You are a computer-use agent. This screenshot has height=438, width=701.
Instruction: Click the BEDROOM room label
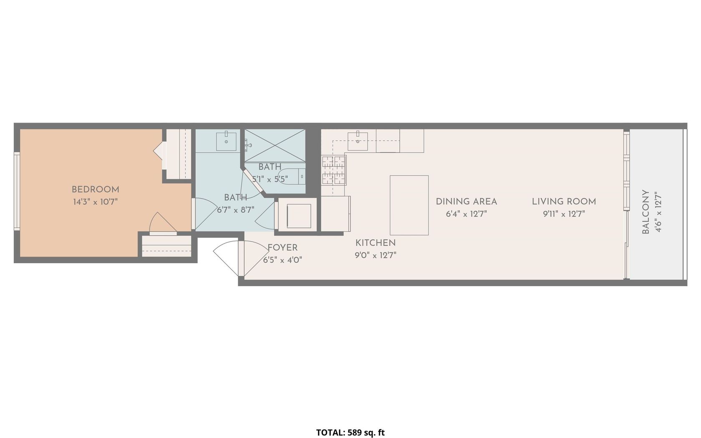[96, 189]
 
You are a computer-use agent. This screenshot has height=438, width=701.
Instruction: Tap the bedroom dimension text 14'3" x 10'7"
[96, 202]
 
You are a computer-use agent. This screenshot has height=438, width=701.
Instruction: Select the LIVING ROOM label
[564, 201]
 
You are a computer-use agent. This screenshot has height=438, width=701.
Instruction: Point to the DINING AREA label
[466, 201]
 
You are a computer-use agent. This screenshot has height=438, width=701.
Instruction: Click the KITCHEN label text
[376, 243]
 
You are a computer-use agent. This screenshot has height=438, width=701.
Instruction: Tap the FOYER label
[282, 248]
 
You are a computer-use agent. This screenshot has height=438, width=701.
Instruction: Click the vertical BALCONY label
[646, 212]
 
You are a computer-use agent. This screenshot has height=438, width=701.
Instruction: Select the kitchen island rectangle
[409, 205]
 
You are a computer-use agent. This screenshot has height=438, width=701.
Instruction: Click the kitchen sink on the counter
[358, 141]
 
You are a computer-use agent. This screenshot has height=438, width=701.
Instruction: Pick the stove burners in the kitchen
[334, 170]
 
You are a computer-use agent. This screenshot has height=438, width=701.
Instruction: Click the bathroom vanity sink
[226, 141]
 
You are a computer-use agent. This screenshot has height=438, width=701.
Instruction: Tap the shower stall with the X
[275, 146]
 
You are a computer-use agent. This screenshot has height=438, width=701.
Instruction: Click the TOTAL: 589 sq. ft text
[350, 433]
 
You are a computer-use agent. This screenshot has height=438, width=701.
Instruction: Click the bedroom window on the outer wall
[17, 191]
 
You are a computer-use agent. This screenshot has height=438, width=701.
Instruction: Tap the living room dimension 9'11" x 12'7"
[564, 214]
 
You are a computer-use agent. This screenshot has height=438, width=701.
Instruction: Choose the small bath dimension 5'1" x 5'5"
[270, 179]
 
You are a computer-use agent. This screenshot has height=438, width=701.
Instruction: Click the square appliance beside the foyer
[299, 216]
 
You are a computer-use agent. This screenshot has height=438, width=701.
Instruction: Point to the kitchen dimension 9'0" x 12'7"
[376, 255]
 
